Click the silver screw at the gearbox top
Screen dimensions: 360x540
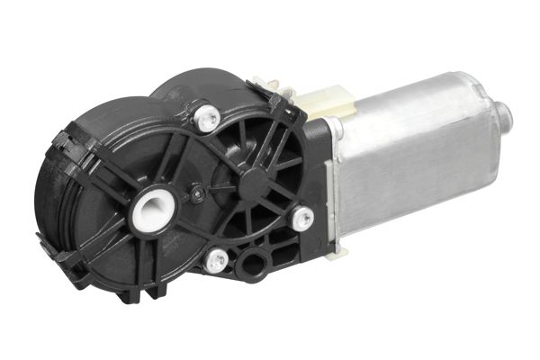206,115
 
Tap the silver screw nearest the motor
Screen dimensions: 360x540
302,218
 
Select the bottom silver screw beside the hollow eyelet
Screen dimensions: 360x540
216,262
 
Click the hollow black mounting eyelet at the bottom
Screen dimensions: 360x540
253,265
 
